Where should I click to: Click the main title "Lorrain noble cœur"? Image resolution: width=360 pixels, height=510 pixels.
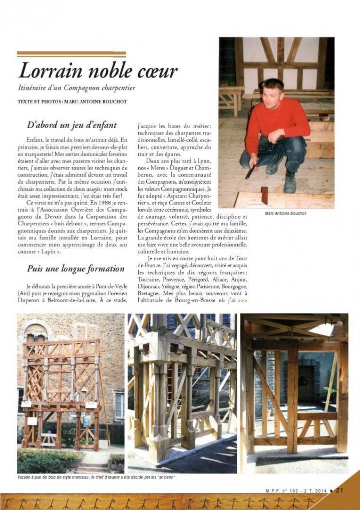click(x=98, y=71)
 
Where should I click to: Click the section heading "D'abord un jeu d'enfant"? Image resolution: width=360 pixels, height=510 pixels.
click(x=72, y=124)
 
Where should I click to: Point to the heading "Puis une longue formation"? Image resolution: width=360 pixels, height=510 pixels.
click(x=76, y=268)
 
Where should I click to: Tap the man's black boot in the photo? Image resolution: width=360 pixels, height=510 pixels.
click(x=289, y=183)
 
